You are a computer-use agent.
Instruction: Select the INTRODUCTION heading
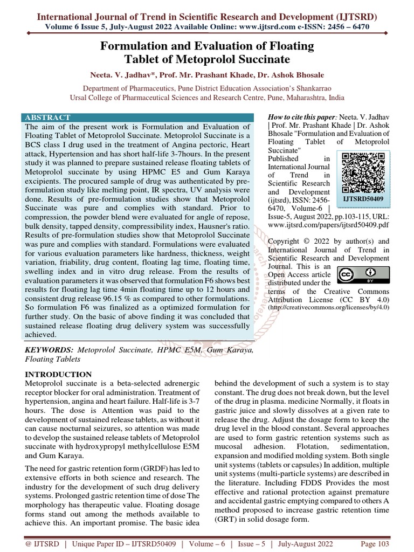click(x=59, y=374)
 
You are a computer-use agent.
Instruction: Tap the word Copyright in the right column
click(x=286, y=241)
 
